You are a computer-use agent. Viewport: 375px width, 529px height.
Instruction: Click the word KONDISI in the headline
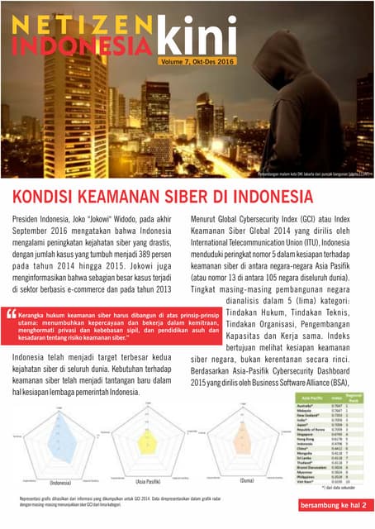click(x=48, y=198)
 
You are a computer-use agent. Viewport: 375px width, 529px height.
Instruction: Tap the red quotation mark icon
click(x=12, y=314)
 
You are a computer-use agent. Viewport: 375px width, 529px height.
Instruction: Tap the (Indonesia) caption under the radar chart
click(x=61, y=481)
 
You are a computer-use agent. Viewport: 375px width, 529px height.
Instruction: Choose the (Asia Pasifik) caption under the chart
click(x=148, y=481)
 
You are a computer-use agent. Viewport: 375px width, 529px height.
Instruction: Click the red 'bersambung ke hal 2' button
click(x=330, y=503)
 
